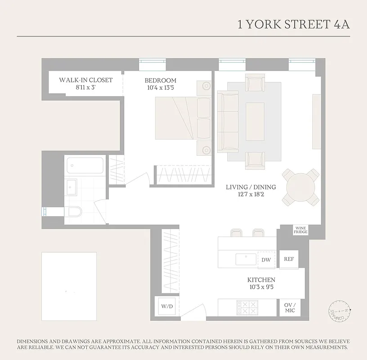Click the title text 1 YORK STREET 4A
[293, 24]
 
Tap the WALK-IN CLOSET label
[85, 80]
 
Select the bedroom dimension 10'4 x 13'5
[160, 88]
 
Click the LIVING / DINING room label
[251, 187]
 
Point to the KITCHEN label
[261, 280]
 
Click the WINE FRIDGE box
[300, 230]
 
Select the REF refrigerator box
[288, 259]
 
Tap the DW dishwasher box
[266, 260]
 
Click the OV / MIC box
[289, 308]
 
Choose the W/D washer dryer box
[167, 306]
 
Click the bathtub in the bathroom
[85, 166]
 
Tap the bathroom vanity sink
[71, 187]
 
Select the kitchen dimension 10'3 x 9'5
[261, 287]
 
